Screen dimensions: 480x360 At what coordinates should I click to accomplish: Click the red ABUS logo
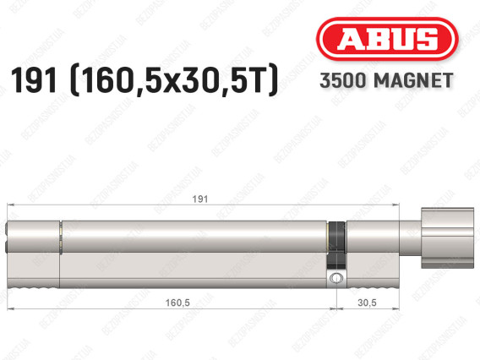click(387, 39)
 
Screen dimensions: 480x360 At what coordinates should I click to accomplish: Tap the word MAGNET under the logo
click(413, 80)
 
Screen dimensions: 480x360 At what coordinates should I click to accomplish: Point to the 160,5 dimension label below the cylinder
click(177, 303)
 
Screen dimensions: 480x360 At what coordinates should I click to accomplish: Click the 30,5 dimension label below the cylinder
click(367, 303)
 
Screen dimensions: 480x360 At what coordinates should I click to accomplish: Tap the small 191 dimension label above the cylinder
click(200, 199)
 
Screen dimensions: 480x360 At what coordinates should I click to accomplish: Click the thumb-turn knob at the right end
click(447, 237)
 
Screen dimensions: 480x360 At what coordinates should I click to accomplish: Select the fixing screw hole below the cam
click(336, 278)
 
